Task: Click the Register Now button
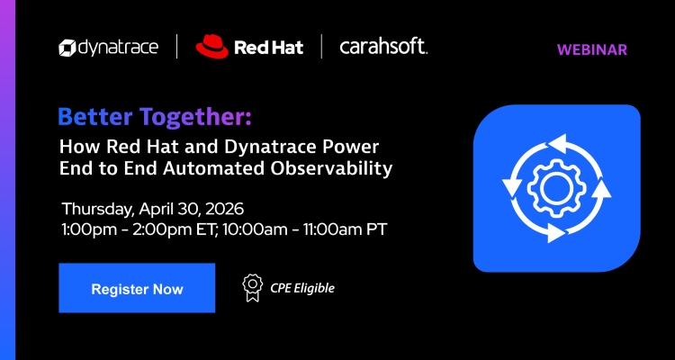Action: [137, 289]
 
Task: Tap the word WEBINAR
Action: [592, 49]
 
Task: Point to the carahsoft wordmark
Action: [383, 47]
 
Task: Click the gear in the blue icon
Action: [555, 187]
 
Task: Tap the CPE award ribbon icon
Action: [252, 287]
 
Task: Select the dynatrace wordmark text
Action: [121, 47]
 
